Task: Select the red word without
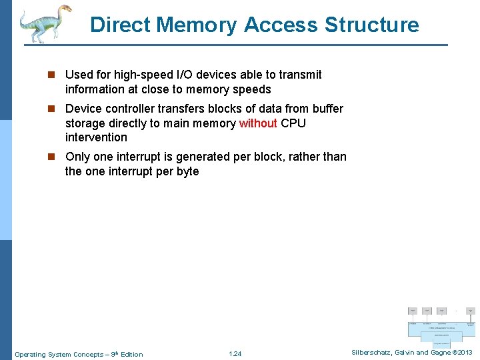click(x=258, y=123)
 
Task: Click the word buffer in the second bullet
click(x=327, y=109)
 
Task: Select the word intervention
click(x=96, y=137)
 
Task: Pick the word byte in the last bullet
click(x=187, y=171)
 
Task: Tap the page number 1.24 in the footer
click(x=235, y=354)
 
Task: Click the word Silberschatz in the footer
click(x=374, y=353)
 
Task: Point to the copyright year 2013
click(x=465, y=353)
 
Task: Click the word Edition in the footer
click(x=132, y=354)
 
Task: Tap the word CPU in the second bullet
click(x=293, y=123)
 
